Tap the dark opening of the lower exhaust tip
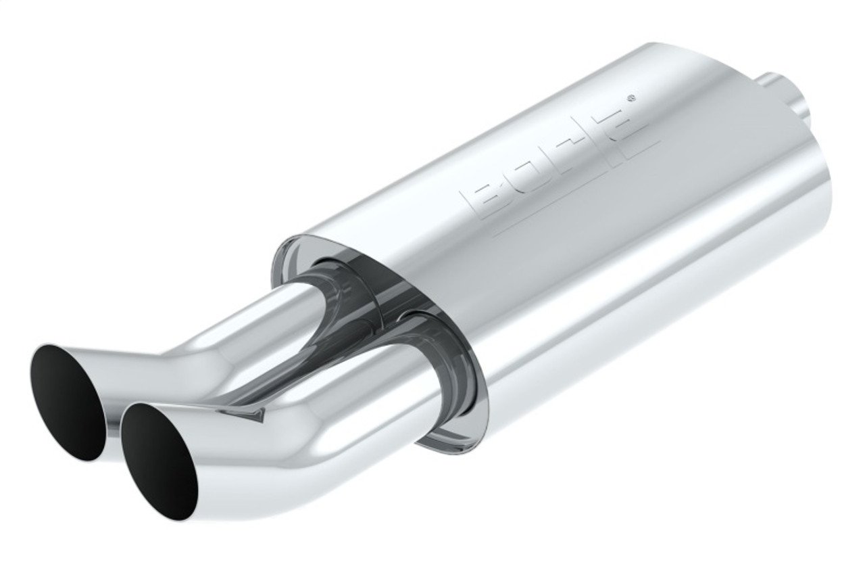159,461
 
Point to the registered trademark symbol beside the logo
631,97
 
